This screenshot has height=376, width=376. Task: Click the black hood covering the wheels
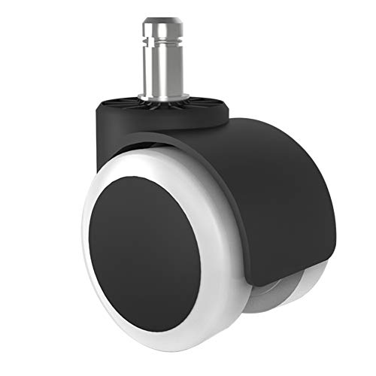click(256, 180)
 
